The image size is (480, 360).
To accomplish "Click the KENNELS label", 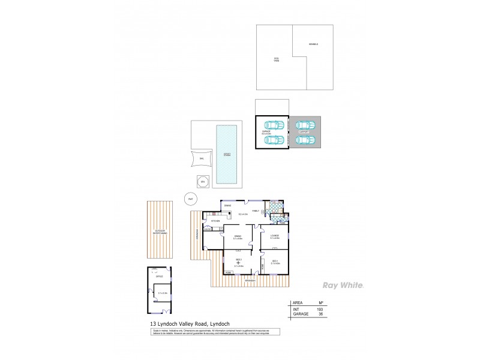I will point(313,45).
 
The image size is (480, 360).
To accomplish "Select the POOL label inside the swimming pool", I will point(227,154).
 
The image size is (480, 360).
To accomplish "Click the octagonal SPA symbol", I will point(202,180).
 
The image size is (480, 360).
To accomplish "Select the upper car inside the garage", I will point(274,125).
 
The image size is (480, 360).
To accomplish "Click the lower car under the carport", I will point(305,140).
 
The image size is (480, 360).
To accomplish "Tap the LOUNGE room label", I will point(274,236).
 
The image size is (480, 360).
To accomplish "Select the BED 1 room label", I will point(274,261).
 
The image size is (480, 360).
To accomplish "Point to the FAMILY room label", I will point(255,211).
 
